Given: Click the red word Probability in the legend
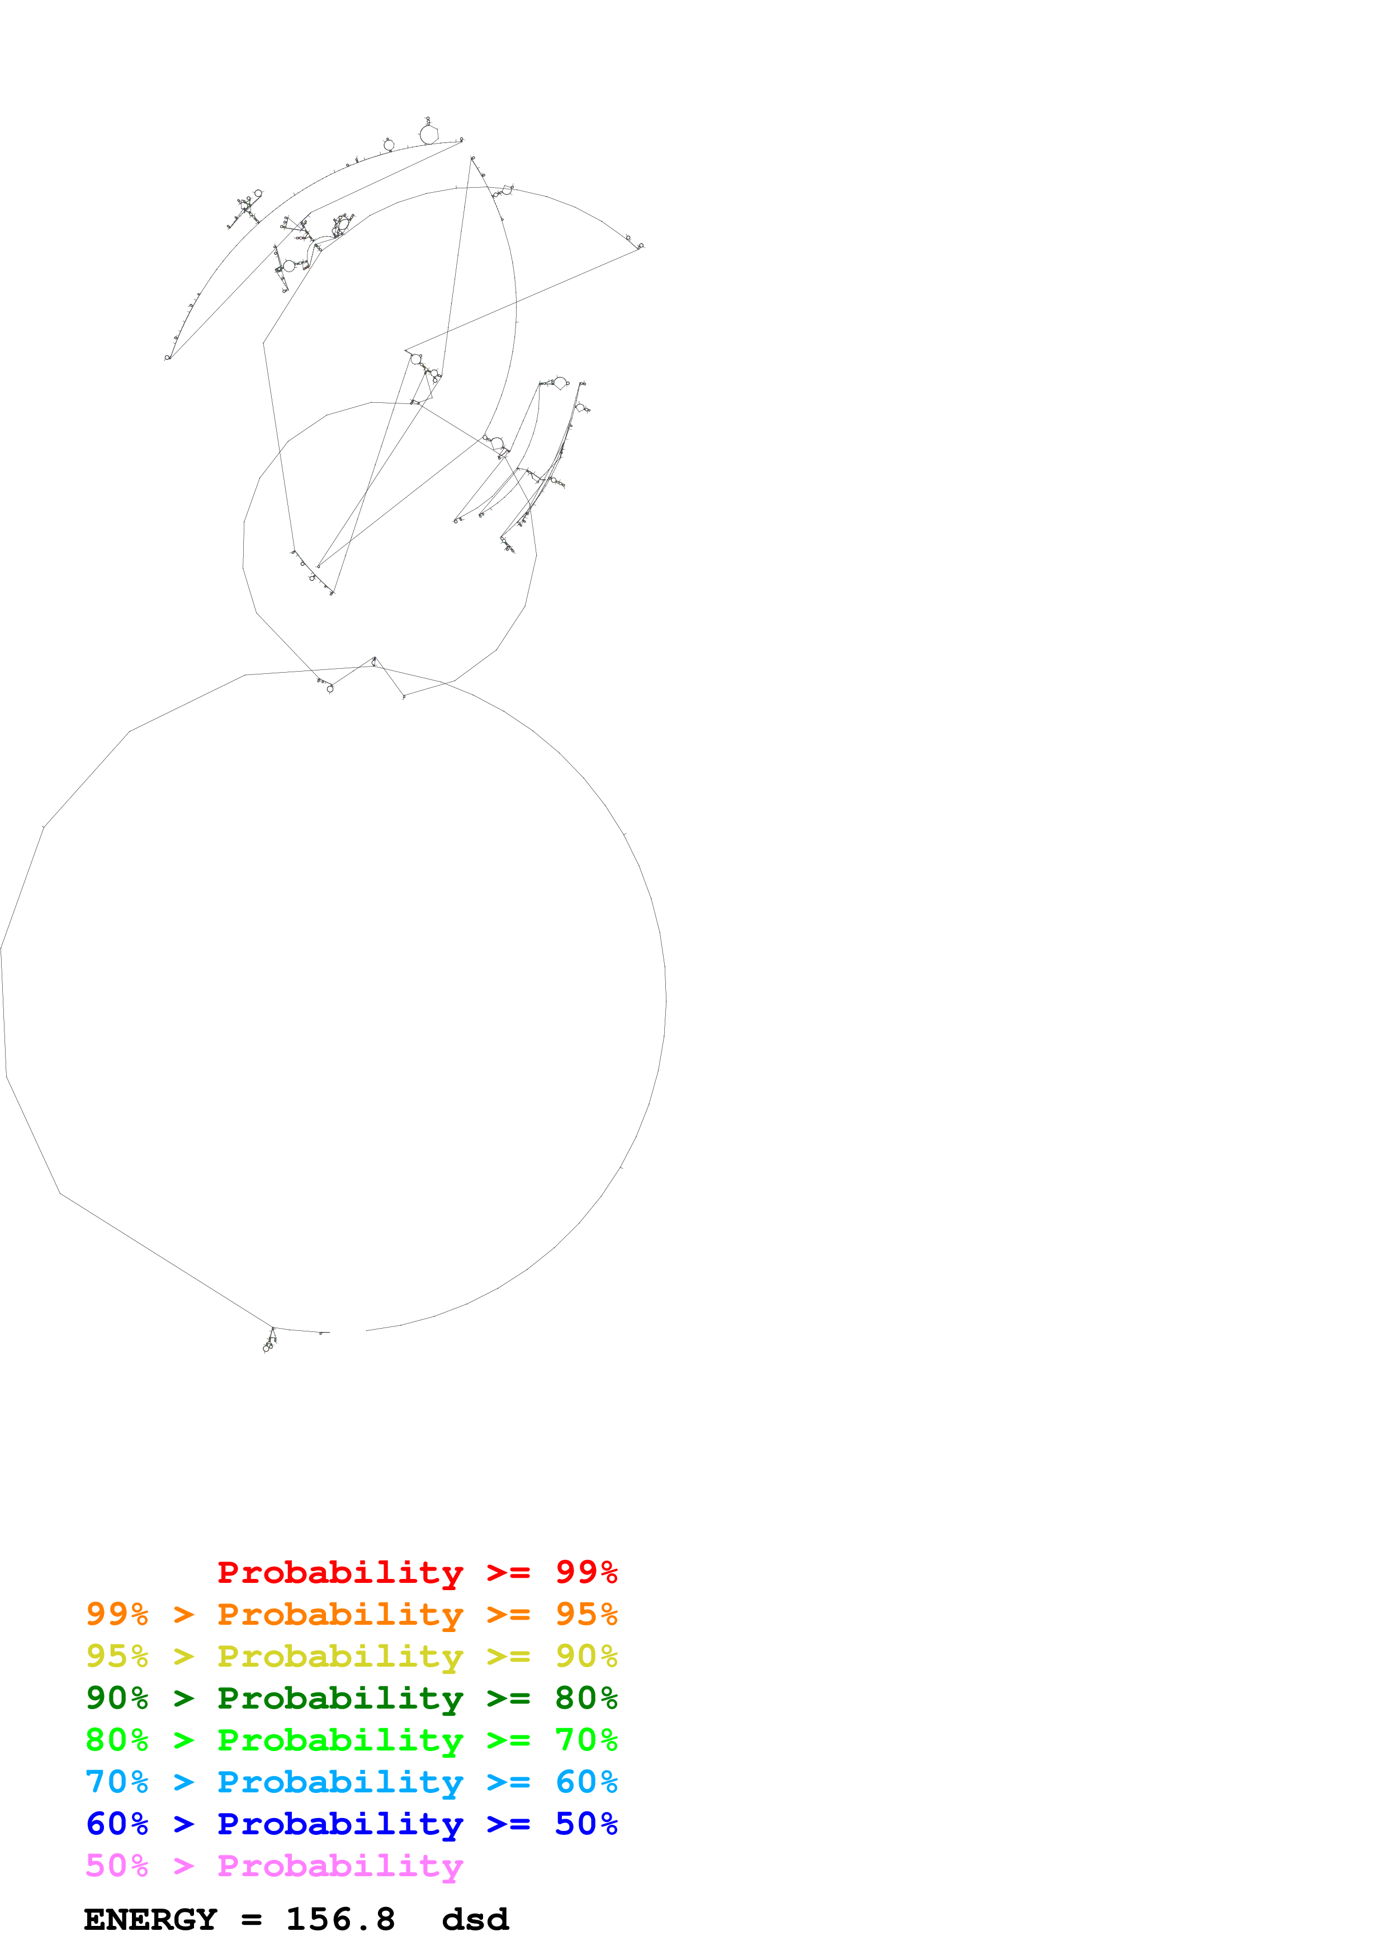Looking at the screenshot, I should (340, 1572).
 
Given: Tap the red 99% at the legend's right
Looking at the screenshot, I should (586, 1572).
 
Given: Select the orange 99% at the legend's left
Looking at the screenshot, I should (117, 1614).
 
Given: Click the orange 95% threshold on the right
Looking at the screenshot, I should (586, 1614).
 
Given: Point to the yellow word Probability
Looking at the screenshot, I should (340, 1656).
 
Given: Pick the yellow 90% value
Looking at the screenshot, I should (586, 1656).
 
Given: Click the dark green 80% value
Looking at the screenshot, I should (586, 1698).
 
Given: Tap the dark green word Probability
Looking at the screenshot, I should (340, 1698).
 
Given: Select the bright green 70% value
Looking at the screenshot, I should (586, 1740).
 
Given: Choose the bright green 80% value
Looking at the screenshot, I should (117, 1740).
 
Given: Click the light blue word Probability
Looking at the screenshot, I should (340, 1782).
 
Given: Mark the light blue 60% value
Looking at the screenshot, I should (586, 1782).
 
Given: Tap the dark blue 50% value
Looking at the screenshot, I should (586, 1824).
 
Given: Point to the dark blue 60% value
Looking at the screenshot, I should (117, 1824).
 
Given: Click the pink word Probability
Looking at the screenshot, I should (340, 1865).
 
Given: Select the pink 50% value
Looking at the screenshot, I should (117, 1865).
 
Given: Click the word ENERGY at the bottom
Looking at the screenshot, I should (150, 1920).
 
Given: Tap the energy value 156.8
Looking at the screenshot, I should (340, 1920).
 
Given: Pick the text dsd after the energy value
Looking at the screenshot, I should (475, 1920).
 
